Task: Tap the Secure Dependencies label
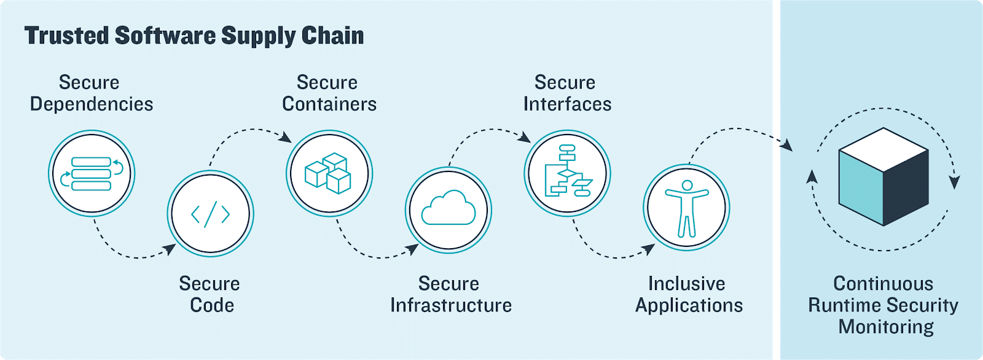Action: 91,93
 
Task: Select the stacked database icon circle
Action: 92,173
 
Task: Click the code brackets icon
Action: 210,214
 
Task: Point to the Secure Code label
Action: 210,294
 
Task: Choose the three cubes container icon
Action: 329,173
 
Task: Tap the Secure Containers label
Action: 329,93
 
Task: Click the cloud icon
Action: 448,209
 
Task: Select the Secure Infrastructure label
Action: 450,294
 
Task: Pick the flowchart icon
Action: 567,173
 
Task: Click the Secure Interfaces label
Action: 566,93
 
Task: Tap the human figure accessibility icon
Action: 686,208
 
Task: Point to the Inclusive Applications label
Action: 688,294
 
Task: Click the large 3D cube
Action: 883,177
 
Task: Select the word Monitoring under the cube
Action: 885,327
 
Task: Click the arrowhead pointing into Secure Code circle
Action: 170,249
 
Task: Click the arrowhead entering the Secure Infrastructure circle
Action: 413,249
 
